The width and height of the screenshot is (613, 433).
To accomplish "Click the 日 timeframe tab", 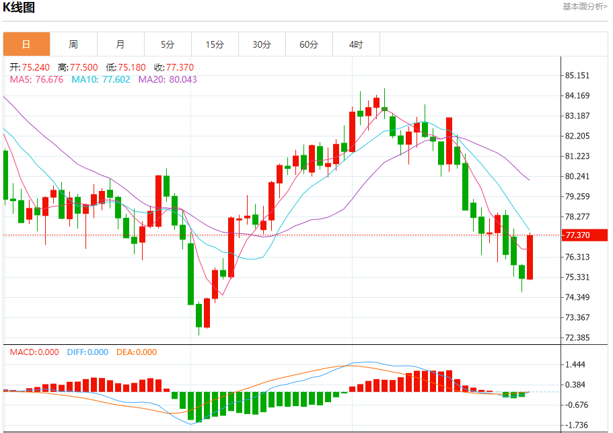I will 26,44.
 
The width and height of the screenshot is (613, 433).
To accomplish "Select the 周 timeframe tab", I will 73,44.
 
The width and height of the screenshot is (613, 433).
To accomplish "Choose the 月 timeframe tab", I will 120,44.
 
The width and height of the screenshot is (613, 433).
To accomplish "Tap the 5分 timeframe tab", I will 168,44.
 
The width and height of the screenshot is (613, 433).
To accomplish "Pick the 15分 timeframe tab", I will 215,44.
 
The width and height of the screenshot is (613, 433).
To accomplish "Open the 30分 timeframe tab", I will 262,44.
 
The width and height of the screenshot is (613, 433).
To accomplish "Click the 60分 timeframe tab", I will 309,44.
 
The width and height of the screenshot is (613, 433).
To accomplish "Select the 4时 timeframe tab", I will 356,44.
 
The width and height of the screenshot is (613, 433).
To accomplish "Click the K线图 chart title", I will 19,8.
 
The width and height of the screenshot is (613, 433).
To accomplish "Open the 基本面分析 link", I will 585,7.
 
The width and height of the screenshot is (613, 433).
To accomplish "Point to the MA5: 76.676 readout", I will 36,79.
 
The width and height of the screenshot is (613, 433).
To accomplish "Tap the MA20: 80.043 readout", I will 168,79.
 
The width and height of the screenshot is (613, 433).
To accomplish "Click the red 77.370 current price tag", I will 585,235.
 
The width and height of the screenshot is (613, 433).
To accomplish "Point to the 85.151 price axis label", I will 577,75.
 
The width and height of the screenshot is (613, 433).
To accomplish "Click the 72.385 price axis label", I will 577,338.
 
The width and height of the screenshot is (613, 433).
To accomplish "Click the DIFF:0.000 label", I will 87,352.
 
